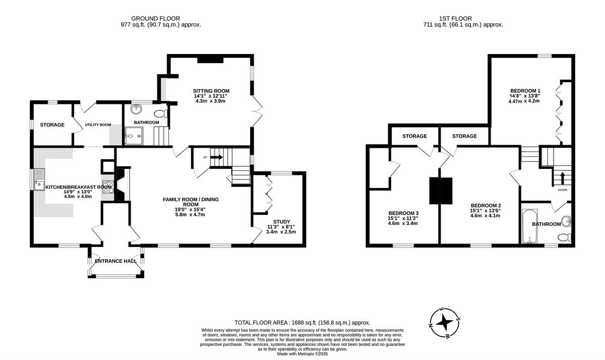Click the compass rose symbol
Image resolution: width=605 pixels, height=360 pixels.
pyautogui.click(x=445, y=323)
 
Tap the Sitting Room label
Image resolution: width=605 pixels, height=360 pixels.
pyautogui.click(x=211, y=91)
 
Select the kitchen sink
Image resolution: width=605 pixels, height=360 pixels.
pyautogui.click(x=39, y=179)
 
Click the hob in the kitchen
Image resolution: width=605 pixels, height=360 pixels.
pyautogui.click(x=108, y=187)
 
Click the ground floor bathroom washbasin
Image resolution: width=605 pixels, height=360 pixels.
pyautogui.click(x=136, y=109)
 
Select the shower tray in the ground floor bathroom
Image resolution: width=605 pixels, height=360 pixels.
pyautogui.click(x=134, y=136)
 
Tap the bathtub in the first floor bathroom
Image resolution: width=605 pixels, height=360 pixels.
pyautogui.click(x=530, y=226)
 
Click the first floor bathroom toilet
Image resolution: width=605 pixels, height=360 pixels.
pyautogui.click(x=564, y=237)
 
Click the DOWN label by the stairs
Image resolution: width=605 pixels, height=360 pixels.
pyautogui.click(x=563, y=190)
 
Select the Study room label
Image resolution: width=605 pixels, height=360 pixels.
pyautogui.click(x=282, y=222)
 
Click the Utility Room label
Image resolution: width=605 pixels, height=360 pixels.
pyautogui.click(x=98, y=125)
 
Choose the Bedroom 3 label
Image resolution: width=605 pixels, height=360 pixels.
pyautogui.click(x=403, y=213)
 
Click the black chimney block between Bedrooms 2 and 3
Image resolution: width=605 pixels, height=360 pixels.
pyautogui.click(x=441, y=191)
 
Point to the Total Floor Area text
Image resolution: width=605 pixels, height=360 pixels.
pyautogui.click(x=302, y=323)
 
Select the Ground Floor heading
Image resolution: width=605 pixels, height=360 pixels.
pyautogui.click(x=156, y=19)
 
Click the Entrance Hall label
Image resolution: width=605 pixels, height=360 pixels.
pyautogui.click(x=116, y=261)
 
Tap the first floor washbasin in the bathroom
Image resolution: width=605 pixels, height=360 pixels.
pyautogui.click(x=566, y=222)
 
